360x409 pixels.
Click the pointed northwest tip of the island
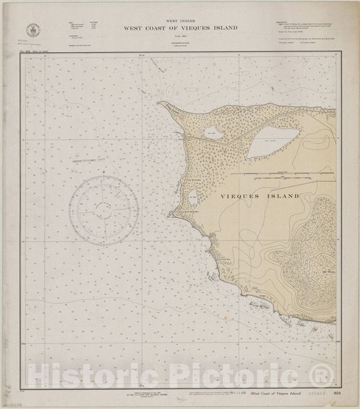(160, 103)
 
